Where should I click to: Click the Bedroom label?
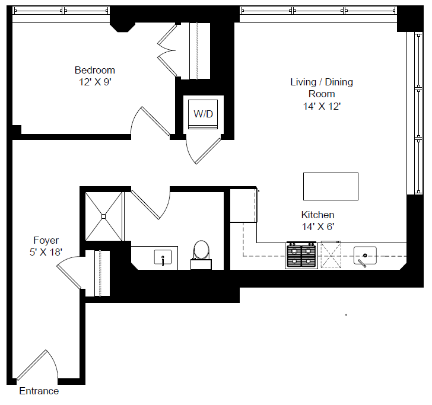(95, 70)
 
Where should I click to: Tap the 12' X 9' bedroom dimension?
(95, 82)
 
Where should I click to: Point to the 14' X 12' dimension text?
(321, 106)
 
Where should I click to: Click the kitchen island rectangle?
(331, 186)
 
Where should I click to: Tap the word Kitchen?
(317, 215)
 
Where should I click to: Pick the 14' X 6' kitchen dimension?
(317, 226)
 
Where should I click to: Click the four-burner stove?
(301, 256)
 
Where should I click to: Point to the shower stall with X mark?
(104, 216)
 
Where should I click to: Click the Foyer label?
(46, 240)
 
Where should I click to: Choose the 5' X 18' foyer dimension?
(46, 251)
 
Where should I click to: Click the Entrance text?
(39, 391)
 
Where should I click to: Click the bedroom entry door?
(148, 122)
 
